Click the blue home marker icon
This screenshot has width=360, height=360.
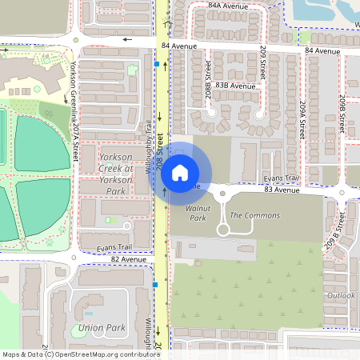[180, 172]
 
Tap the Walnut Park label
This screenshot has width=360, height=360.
[196, 212]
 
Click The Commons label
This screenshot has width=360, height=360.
[254, 216]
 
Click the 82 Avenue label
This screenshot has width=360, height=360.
[128, 259]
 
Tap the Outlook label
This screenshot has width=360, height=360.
[341, 295]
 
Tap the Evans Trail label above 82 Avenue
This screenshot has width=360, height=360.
[113, 248]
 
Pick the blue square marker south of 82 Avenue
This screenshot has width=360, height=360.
[154, 284]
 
